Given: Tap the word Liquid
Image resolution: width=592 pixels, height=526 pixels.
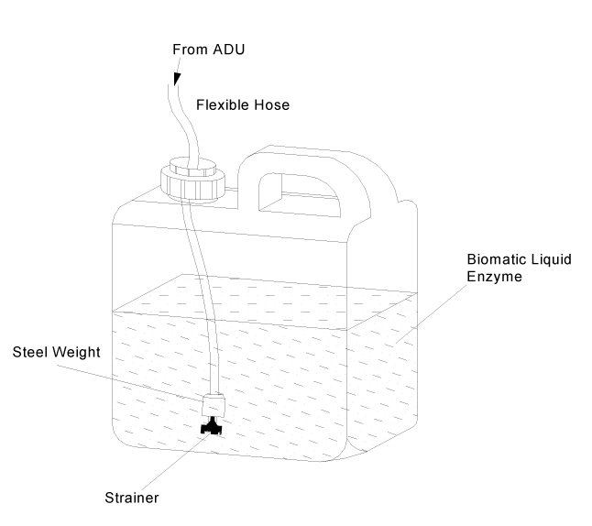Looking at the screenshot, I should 550,259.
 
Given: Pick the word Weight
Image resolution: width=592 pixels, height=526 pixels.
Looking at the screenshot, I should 76,351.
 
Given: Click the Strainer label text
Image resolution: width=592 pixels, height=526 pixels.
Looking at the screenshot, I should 131,498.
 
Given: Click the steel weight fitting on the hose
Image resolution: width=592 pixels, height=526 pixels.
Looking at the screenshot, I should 214,404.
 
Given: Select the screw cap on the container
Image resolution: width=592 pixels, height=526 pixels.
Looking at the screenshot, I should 192,181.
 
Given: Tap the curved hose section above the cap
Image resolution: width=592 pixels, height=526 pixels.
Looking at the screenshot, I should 187,128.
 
